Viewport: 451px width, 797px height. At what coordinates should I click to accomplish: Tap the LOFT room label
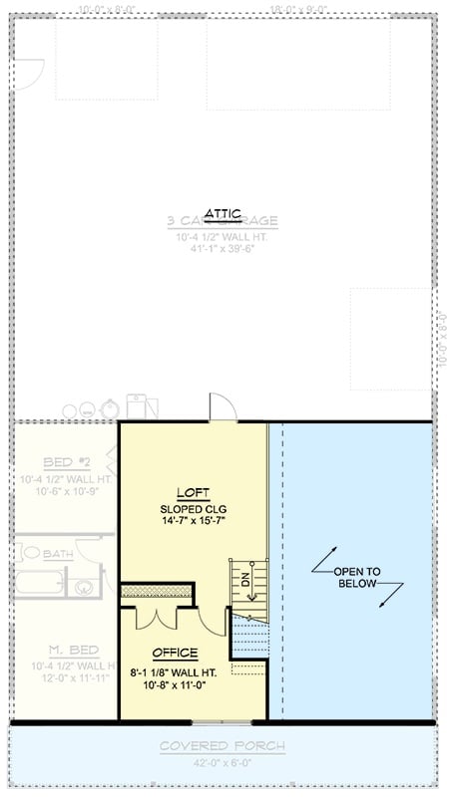tap(193, 492)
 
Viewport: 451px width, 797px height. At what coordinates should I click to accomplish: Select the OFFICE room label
tap(175, 653)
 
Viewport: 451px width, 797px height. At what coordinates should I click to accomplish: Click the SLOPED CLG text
tap(193, 509)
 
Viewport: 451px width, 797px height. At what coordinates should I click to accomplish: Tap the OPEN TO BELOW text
tap(356, 577)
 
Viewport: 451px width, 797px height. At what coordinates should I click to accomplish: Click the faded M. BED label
tap(68, 651)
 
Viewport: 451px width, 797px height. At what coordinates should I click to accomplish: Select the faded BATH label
tap(57, 553)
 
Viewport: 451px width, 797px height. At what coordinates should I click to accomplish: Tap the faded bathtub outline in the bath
tap(36, 582)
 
